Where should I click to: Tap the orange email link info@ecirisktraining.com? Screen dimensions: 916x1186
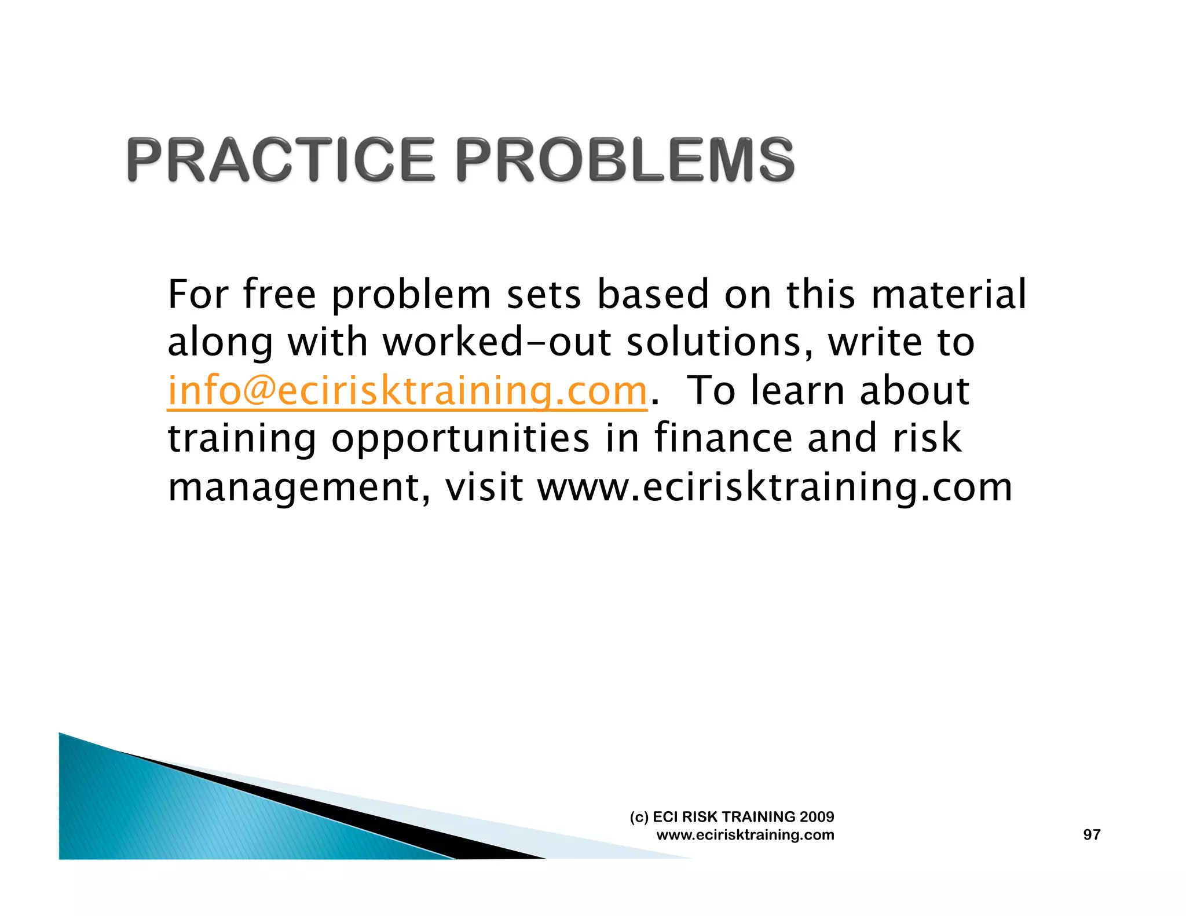(x=407, y=391)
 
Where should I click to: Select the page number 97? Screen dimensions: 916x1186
(x=1092, y=834)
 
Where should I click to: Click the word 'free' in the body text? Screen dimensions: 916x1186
(x=280, y=294)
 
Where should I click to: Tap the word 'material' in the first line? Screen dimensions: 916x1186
(x=949, y=294)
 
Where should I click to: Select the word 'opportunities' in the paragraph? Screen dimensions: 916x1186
(x=460, y=438)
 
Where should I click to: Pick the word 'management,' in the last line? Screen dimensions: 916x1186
(x=299, y=488)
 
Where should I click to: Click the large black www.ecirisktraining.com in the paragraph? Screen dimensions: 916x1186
(x=775, y=488)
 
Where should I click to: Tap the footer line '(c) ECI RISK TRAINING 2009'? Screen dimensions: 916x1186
(x=732, y=816)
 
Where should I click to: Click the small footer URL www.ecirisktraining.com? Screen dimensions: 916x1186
(x=745, y=834)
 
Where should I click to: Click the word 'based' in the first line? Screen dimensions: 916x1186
(x=653, y=294)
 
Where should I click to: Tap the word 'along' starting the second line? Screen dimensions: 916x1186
(x=220, y=342)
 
